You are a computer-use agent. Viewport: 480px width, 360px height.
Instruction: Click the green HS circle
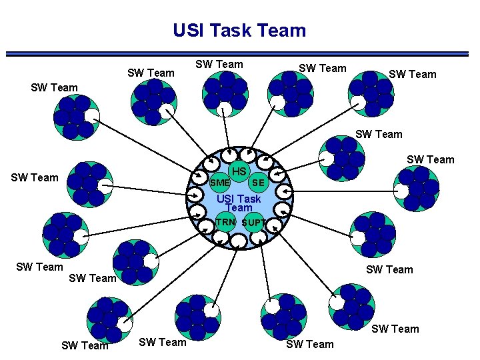[x=239, y=172]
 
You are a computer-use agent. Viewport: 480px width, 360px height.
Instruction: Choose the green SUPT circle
[x=253, y=223]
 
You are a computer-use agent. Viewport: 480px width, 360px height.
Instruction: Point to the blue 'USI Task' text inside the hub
[x=239, y=199]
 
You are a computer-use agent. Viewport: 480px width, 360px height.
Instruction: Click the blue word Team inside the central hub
[x=239, y=208]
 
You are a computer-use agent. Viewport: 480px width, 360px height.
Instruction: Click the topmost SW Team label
[x=219, y=64]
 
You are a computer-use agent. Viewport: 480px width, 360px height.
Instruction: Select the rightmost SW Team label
[x=430, y=159]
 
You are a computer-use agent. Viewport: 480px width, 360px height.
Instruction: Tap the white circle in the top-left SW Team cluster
[x=91, y=115]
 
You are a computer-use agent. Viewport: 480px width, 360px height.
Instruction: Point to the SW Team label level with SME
[x=35, y=177]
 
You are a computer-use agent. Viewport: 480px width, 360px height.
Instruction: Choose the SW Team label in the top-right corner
[x=413, y=74]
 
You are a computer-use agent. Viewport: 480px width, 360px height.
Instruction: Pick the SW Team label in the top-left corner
[x=55, y=87]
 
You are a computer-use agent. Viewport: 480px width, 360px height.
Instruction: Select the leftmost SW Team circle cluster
[x=64, y=234]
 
